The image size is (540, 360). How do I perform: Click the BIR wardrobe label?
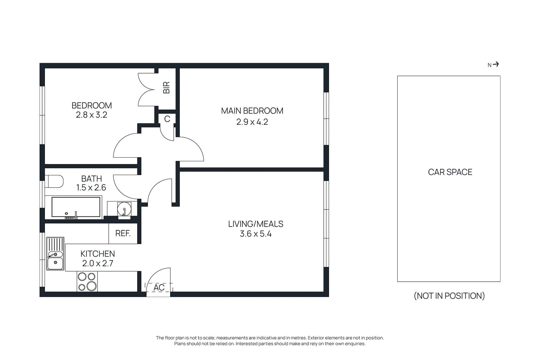pos(166,88)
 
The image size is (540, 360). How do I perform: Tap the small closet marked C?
pos(167,119)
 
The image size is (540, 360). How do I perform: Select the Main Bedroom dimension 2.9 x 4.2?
pos(252,122)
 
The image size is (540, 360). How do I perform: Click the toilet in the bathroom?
pos(55,181)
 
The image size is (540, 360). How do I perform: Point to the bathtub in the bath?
pos(76,207)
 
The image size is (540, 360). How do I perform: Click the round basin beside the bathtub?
pos(124,209)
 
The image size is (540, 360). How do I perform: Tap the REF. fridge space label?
pos(123,233)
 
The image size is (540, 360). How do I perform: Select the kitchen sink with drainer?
pos(55,254)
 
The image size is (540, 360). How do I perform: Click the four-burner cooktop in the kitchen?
pos(87,282)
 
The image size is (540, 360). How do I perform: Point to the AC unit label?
pos(159,287)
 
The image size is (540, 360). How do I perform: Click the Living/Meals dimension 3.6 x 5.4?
pos(255,234)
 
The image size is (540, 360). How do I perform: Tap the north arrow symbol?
pos(495,64)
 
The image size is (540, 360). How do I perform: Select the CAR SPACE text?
pos(450,172)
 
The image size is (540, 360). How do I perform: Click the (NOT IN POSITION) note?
pos(449,296)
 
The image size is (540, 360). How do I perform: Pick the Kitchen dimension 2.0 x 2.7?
pos(98,263)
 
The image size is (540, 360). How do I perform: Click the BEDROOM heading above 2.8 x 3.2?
pos(91,106)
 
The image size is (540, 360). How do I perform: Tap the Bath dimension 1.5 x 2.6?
pos(91,188)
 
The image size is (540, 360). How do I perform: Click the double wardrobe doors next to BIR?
pos(146,90)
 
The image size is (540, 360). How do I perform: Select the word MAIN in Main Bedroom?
pos(231,111)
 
